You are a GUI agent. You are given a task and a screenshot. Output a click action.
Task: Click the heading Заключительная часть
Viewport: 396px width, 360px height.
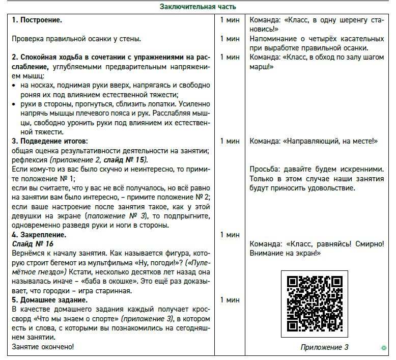tap(198, 7)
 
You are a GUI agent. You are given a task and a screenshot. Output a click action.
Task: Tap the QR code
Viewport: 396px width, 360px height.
tap(314, 303)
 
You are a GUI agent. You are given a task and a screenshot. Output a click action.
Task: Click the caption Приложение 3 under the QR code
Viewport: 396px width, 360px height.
tap(324, 348)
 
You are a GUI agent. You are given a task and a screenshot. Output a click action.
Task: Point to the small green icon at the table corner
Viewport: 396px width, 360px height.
tap(383, 348)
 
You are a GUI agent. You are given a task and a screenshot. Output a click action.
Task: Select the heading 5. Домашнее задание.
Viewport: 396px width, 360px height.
tap(50, 300)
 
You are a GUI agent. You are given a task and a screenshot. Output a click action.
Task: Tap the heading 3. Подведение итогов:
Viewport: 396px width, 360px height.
tap(50, 141)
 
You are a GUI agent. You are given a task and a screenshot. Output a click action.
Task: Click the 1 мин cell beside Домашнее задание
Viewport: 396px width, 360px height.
tap(230, 300)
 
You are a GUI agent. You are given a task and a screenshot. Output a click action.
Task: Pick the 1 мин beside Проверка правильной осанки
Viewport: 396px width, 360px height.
tap(230, 39)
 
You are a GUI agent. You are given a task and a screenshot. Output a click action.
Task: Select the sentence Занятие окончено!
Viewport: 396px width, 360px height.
tap(43, 347)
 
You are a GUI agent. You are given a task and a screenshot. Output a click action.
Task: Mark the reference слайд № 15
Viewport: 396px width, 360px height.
tap(127, 160)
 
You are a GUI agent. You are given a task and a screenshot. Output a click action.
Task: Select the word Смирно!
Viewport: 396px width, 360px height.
tap(367, 244)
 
